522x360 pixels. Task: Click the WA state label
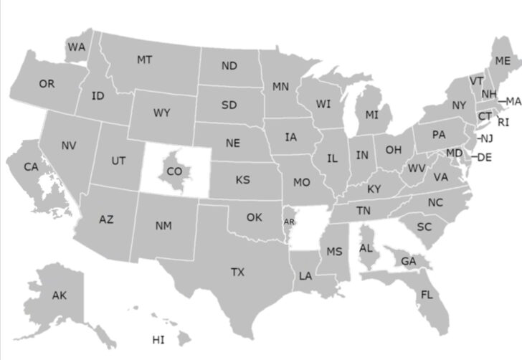point(77,47)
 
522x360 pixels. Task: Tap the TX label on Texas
point(237,273)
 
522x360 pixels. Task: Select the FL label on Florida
point(427,295)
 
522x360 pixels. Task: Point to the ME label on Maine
point(503,61)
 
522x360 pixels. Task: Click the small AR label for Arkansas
point(289,222)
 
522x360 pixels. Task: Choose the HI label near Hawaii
point(158,339)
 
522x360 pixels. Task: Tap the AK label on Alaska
point(59,295)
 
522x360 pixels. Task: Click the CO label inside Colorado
point(174,171)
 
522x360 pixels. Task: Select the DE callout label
point(485,158)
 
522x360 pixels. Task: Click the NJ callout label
point(486,138)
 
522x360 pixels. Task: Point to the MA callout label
point(513,101)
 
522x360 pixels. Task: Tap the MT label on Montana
point(144,60)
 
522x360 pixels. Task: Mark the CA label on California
point(31,167)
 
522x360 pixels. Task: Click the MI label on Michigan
point(371,115)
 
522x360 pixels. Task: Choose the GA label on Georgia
point(408,262)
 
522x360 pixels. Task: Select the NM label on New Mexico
point(163,226)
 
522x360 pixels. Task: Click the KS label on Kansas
point(243,179)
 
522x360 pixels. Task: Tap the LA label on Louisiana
point(305,275)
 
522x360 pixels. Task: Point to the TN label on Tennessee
point(364,211)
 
